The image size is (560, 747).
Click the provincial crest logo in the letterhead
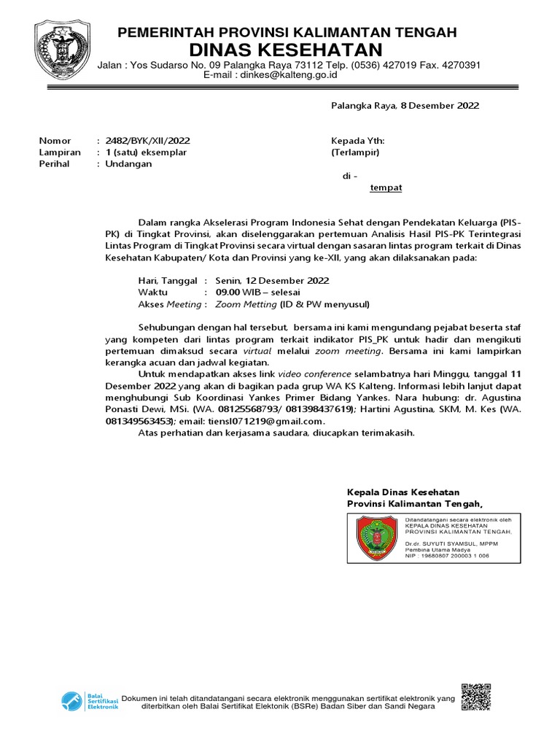point(63,51)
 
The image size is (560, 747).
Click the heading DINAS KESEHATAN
point(286,50)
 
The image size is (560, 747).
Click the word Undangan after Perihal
point(129,164)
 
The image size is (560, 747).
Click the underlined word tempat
point(386,187)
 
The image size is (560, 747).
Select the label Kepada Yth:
point(357,140)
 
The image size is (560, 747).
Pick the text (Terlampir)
point(355,152)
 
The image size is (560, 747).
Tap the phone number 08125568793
point(252,409)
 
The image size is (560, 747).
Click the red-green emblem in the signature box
point(377,538)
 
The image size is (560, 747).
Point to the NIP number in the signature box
point(447,556)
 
